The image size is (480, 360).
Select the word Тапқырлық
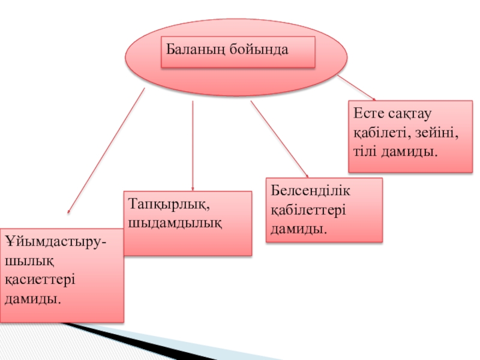tap(169, 205)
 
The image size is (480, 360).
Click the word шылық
tap(27, 261)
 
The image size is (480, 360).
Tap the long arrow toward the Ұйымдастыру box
tap(105, 153)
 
